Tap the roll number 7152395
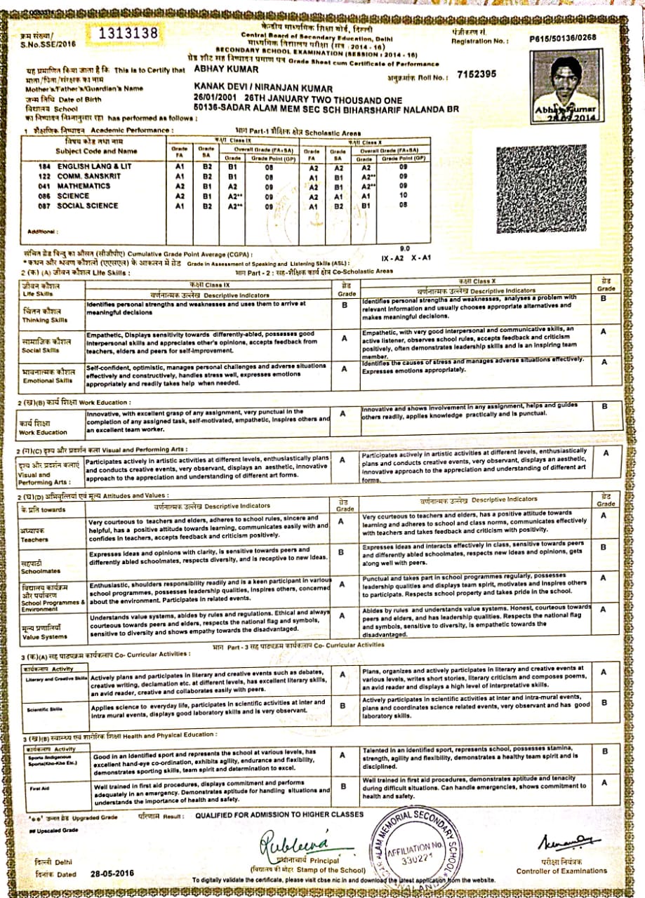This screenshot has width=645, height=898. tap(476, 74)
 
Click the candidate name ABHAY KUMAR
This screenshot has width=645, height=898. tap(219, 70)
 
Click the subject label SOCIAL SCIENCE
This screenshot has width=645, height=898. tap(87, 206)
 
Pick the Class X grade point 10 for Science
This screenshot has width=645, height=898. tap(402, 196)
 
